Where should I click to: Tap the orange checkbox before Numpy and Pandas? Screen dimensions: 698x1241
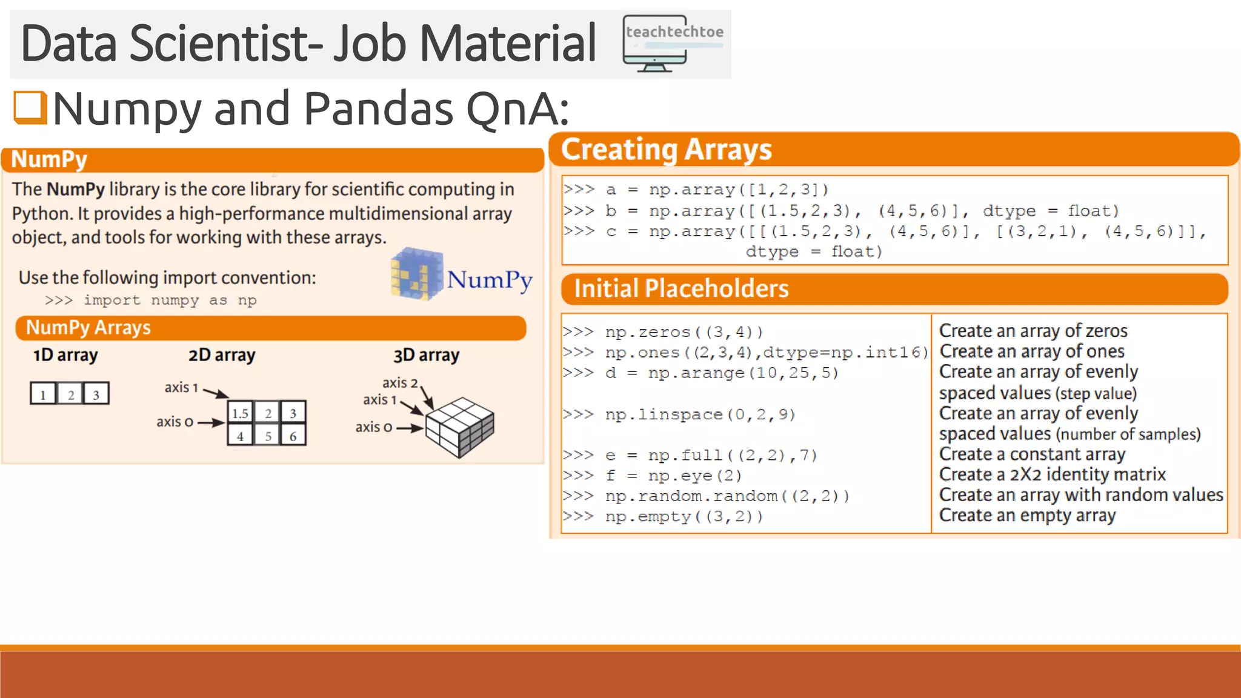30,107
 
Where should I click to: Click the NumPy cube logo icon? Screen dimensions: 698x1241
416,274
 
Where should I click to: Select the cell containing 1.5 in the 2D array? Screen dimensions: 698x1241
241,413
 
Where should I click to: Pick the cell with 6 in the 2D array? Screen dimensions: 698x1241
293,436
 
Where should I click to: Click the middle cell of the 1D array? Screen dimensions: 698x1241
70,394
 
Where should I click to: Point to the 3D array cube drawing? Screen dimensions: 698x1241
460,427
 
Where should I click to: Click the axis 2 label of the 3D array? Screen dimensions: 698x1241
400,383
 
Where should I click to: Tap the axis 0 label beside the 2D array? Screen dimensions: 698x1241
175,422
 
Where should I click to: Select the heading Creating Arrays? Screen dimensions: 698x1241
666,150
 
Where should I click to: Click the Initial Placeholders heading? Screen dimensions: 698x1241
681,288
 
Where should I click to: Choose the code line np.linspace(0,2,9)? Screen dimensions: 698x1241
679,414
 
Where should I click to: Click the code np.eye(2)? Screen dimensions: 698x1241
673,476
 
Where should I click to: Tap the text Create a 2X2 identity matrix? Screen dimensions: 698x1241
1052,474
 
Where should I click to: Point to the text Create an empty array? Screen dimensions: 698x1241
1027,516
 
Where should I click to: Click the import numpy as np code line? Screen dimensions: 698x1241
151,301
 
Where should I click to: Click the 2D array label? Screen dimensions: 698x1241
222,355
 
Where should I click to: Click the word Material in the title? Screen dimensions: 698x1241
508,44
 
